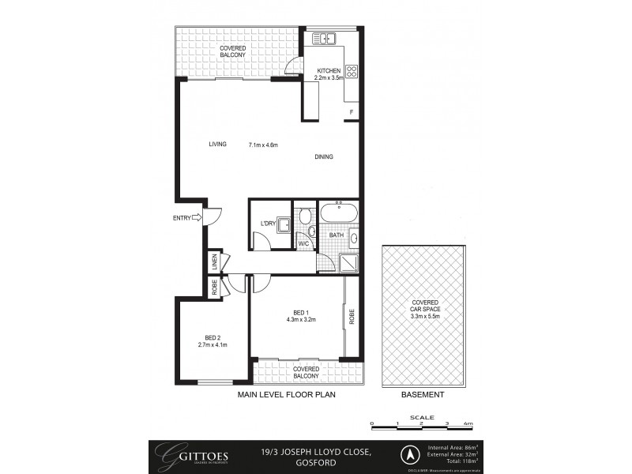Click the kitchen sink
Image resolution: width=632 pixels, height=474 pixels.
click(x=325, y=38)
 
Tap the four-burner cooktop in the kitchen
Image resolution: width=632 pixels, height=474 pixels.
click(x=351, y=72)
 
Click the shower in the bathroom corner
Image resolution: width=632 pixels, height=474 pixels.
click(x=348, y=261)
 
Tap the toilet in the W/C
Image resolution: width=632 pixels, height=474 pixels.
click(x=304, y=216)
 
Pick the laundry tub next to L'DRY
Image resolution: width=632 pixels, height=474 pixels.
click(x=282, y=224)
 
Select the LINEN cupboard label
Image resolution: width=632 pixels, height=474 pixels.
click(x=213, y=261)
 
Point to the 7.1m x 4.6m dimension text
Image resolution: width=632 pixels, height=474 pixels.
click(x=262, y=145)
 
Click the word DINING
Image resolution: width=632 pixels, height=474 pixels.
click(x=324, y=156)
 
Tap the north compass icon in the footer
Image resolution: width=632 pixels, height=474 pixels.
click(x=410, y=454)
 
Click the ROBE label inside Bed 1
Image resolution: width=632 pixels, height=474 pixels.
click(x=352, y=316)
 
